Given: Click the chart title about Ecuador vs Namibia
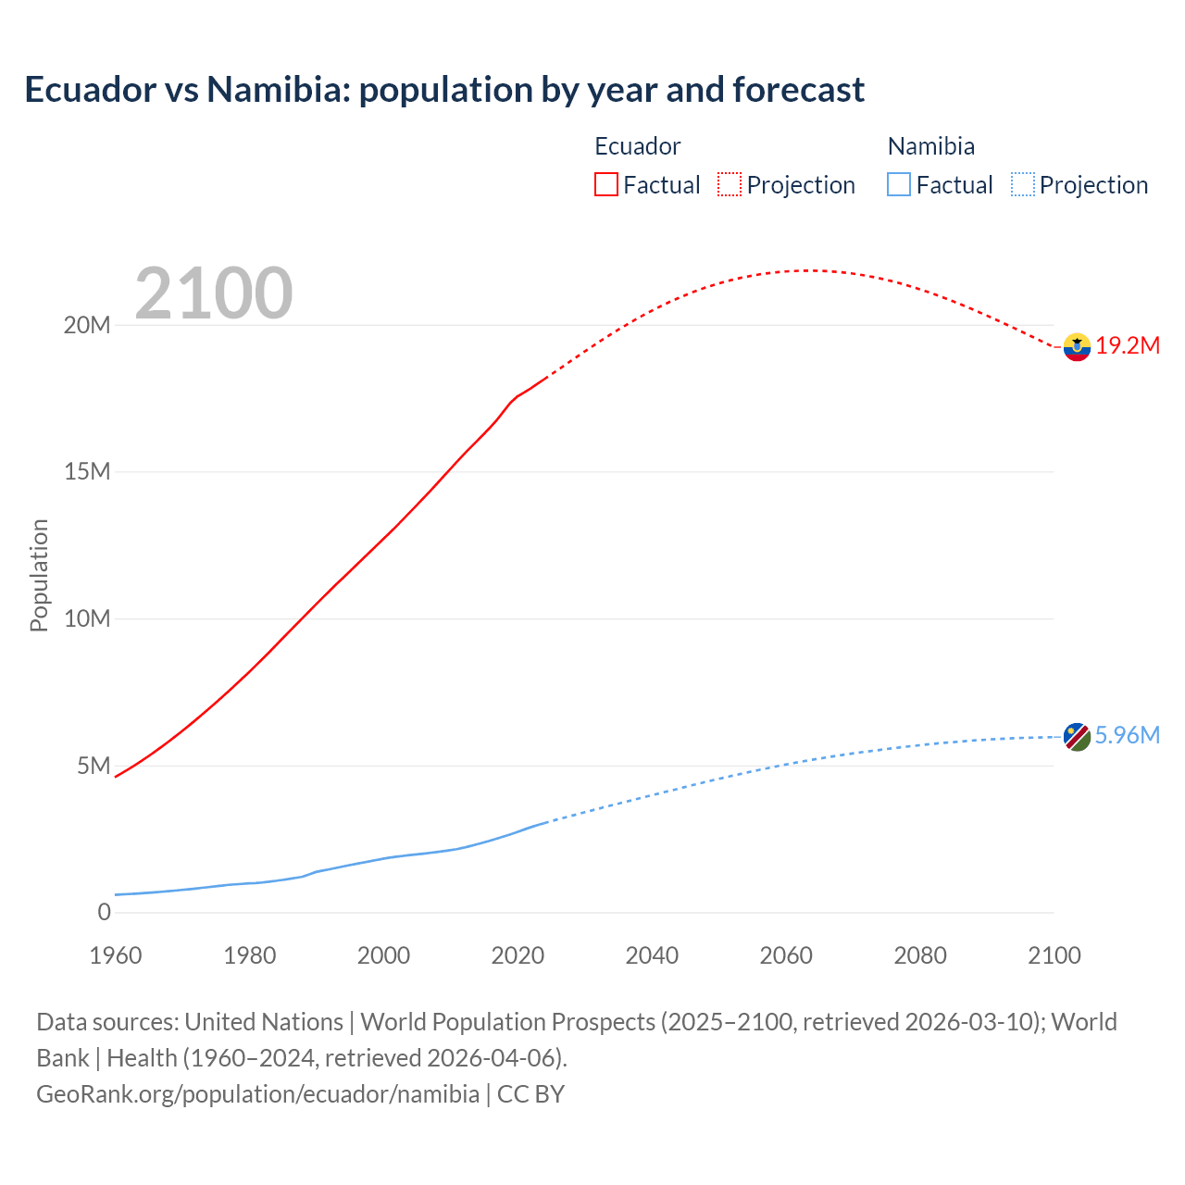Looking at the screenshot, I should coord(444,90).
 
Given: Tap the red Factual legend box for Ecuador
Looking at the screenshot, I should coord(605,184).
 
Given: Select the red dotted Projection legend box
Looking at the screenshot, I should coord(730,184).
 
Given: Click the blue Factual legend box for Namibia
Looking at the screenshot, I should coord(898,184).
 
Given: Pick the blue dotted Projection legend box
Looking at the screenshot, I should coord(1022,184).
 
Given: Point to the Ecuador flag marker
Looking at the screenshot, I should coord(1077,347).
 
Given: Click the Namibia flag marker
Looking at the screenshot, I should coord(1077,737).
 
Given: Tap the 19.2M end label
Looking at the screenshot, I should coord(1128,346).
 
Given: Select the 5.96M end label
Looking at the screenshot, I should coord(1127,735).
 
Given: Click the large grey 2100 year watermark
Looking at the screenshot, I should coord(214,293).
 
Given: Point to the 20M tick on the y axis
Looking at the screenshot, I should coord(87,325).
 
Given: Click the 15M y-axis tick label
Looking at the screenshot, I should coord(87,472).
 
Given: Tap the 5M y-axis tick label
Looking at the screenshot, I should coord(94,766).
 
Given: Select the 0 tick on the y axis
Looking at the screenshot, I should coord(104,912).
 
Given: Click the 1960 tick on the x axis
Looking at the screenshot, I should coord(116,955).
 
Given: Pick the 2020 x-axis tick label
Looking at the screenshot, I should coord(518,955).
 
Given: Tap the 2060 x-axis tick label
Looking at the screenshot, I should coord(786,955).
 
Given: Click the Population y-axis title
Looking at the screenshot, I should coord(39,575).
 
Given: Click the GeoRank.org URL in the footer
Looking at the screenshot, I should coord(257,1094).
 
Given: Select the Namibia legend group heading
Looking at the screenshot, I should coord(930,146).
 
